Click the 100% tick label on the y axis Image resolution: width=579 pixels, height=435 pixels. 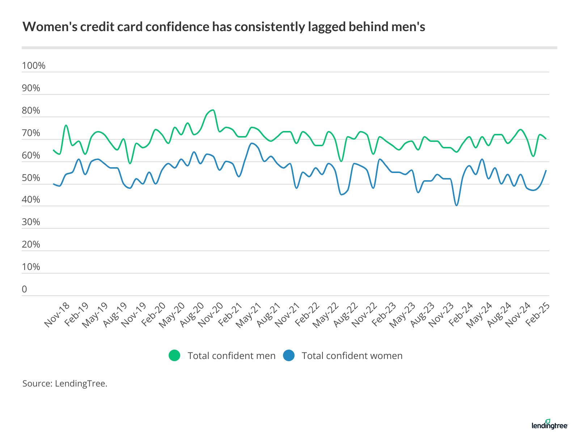click(x=34, y=66)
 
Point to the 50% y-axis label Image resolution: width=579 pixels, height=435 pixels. click(x=31, y=178)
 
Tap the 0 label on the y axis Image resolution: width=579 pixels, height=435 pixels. click(x=24, y=289)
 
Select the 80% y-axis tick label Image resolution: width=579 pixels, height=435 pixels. click(x=31, y=110)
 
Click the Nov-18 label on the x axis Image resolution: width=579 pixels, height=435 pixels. click(x=57, y=315)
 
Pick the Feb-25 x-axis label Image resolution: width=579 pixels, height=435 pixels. click(x=538, y=315)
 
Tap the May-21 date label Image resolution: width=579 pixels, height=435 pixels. click(x=249, y=316)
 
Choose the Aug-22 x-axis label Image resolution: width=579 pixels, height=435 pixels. click(x=345, y=316)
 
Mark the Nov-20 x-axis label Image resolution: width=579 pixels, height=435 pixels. click(x=211, y=316)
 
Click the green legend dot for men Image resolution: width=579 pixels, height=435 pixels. click(x=174, y=356)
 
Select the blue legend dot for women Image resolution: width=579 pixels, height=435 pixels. click(x=289, y=356)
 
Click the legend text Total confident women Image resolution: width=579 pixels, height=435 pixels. click(x=352, y=356)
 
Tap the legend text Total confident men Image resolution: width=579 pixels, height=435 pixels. click(x=232, y=356)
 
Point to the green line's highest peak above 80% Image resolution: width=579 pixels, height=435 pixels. click(x=213, y=110)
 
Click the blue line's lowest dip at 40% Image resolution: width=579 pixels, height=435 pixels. click(x=457, y=205)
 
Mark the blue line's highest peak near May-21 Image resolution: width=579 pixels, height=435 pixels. click(x=252, y=143)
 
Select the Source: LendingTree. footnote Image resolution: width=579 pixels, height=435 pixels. click(x=65, y=384)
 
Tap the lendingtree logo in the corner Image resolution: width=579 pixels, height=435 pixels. click(x=549, y=425)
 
